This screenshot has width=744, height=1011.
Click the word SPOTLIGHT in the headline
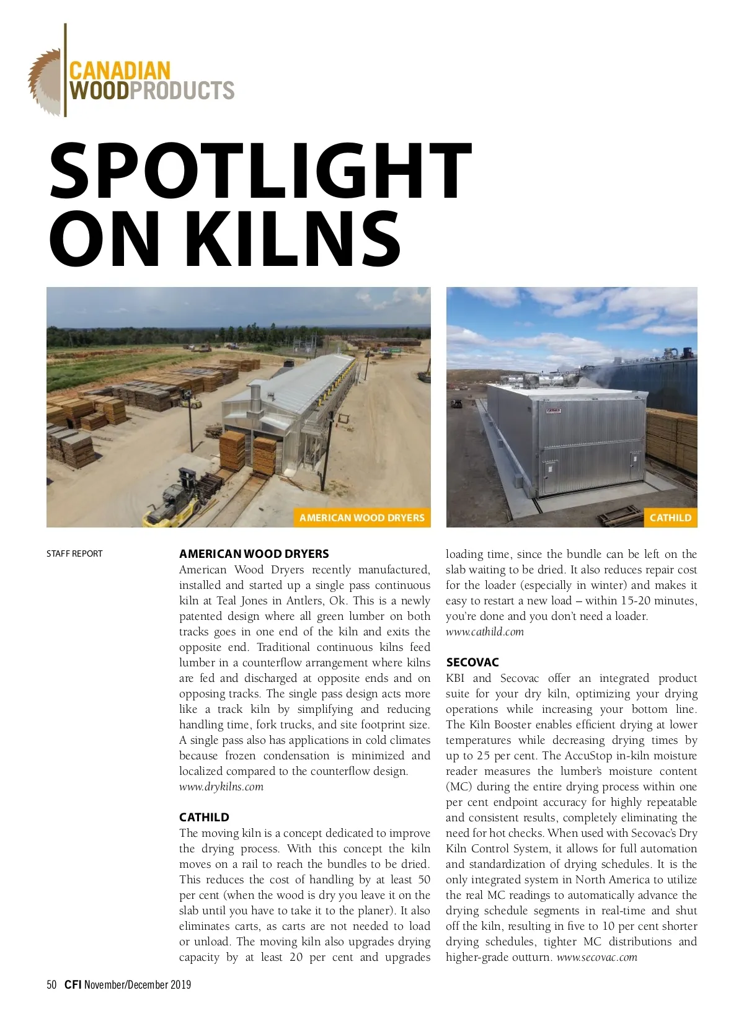(x=260, y=170)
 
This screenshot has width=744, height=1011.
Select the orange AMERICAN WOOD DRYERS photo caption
(x=361, y=518)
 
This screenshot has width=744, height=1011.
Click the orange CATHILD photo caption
(x=670, y=518)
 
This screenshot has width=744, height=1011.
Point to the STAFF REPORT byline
(x=74, y=554)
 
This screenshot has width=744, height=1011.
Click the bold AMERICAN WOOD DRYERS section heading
(x=254, y=554)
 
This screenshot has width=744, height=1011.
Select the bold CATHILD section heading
(x=204, y=817)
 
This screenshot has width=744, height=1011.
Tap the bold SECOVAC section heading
(x=472, y=662)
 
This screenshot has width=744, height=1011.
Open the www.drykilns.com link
(x=221, y=787)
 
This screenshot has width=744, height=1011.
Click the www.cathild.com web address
(x=485, y=632)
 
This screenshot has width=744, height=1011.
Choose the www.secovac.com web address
(x=597, y=957)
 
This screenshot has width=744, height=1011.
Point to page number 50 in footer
(x=51, y=984)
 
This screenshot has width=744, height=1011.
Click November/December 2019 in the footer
(x=138, y=984)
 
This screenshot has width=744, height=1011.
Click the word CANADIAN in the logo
(x=120, y=70)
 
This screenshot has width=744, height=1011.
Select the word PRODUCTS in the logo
(x=183, y=91)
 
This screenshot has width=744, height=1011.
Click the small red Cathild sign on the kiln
(x=554, y=411)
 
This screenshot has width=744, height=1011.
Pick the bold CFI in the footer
(x=73, y=984)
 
